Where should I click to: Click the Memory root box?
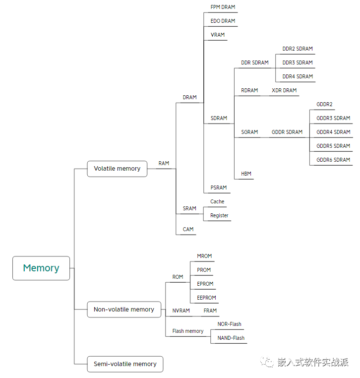(41, 268)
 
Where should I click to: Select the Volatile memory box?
(117, 169)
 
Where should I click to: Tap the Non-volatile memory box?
(124, 310)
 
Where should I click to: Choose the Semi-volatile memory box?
(125, 364)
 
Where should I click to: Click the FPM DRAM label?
(223, 7)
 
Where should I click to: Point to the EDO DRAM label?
(223, 21)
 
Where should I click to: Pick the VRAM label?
(218, 35)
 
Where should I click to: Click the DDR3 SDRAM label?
(298, 63)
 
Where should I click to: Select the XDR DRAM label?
(284, 91)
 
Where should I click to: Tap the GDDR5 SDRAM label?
(333, 146)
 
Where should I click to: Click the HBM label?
(246, 174)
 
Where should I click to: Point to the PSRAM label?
(219, 188)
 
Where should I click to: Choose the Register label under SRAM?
(219, 216)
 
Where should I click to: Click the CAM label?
(188, 230)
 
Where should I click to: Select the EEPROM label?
(206, 298)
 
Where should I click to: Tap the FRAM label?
(210, 311)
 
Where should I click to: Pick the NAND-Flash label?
(231, 338)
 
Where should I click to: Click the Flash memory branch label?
(188, 331)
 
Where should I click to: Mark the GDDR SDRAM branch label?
(287, 132)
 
